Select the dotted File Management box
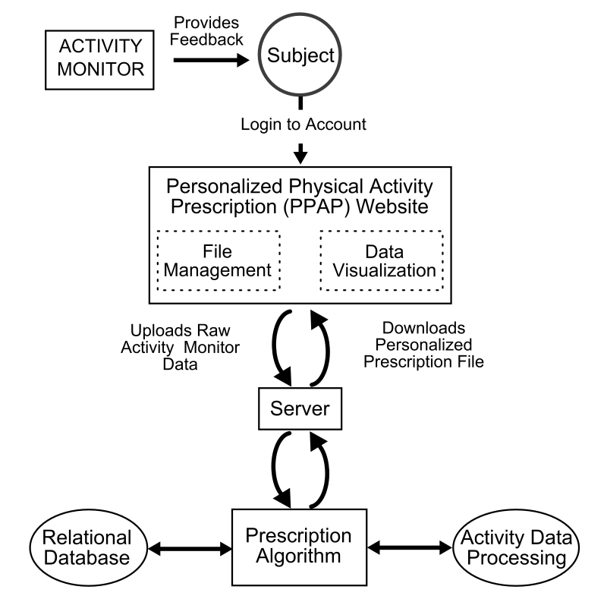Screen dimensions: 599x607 [219, 260]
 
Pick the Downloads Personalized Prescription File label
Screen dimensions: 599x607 [423, 348]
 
